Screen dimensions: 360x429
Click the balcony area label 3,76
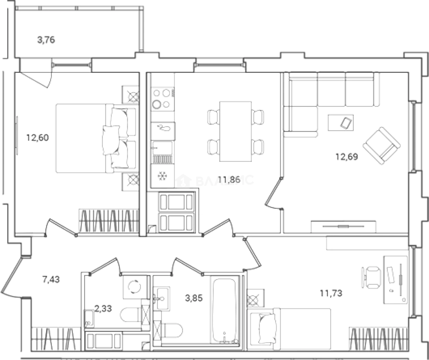46,40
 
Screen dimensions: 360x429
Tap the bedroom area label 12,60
37,138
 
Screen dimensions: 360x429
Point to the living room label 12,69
347,157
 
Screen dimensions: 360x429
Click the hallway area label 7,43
51,279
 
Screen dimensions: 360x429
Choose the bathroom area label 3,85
194,298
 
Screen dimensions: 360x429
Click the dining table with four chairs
235,131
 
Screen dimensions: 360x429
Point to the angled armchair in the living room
381,146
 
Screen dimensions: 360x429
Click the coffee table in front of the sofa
341,122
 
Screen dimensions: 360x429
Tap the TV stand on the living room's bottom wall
343,226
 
